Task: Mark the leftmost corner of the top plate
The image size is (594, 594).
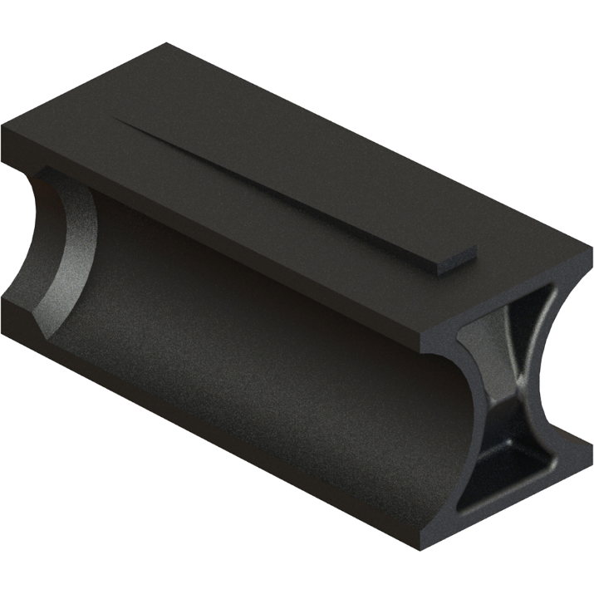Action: click(x=2, y=131)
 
